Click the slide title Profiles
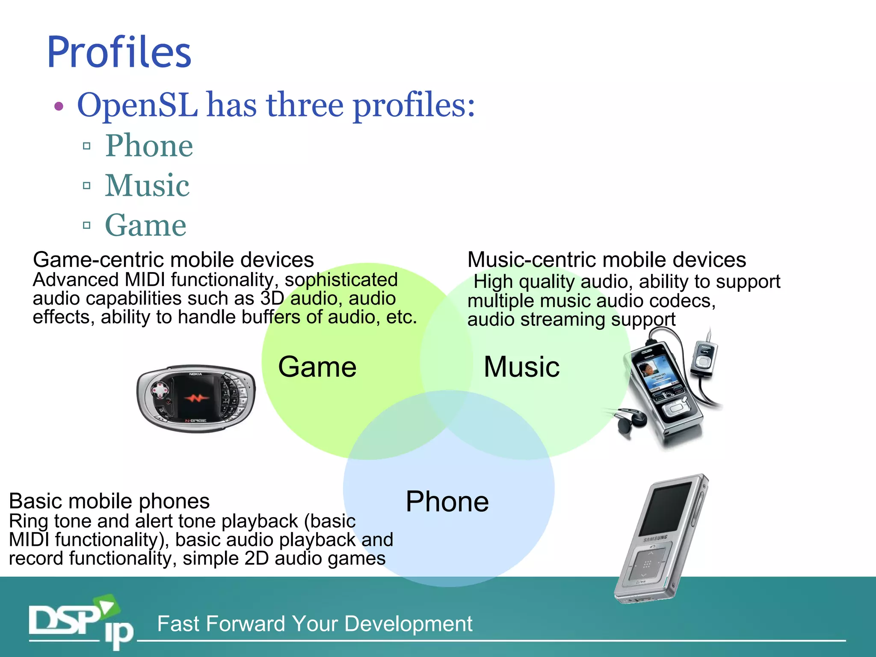click(x=119, y=52)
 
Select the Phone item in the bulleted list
click(x=149, y=146)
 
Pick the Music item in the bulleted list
click(x=147, y=186)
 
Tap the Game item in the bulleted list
click(x=145, y=225)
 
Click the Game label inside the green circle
click(x=317, y=367)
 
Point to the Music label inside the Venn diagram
click(x=521, y=367)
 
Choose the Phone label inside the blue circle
click(x=447, y=501)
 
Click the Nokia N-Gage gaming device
click(x=196, y=399)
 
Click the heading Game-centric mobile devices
click(x=173, y=260)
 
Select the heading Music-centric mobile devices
click(x=607, y=260)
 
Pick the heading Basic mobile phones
click(x=109, y=501)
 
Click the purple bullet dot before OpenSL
click(x=59, y=106)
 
